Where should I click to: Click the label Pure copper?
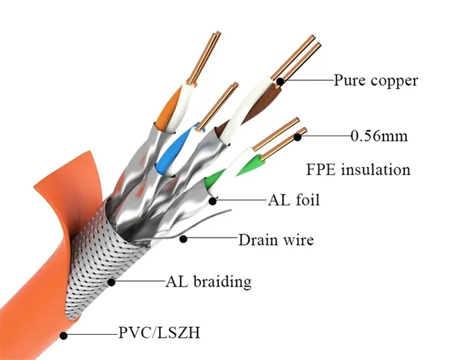[x=376, y=80]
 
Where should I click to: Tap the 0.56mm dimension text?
[x=379, y=136]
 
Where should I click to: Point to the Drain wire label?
[x=276, y=241]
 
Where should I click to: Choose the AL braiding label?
[x=208, y=281]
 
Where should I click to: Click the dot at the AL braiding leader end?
[x=110, y=281]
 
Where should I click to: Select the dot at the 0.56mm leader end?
[x=298, y=137]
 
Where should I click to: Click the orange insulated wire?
[x=172, y=108]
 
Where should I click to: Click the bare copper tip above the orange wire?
[x=199, y=60]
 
